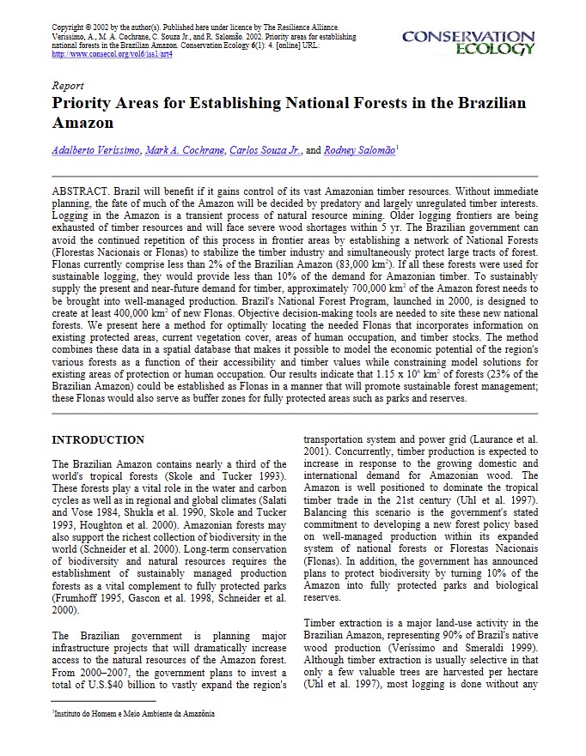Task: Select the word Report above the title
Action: [x=68, y=87]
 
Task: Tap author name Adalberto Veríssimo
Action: [x=95, y=150]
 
